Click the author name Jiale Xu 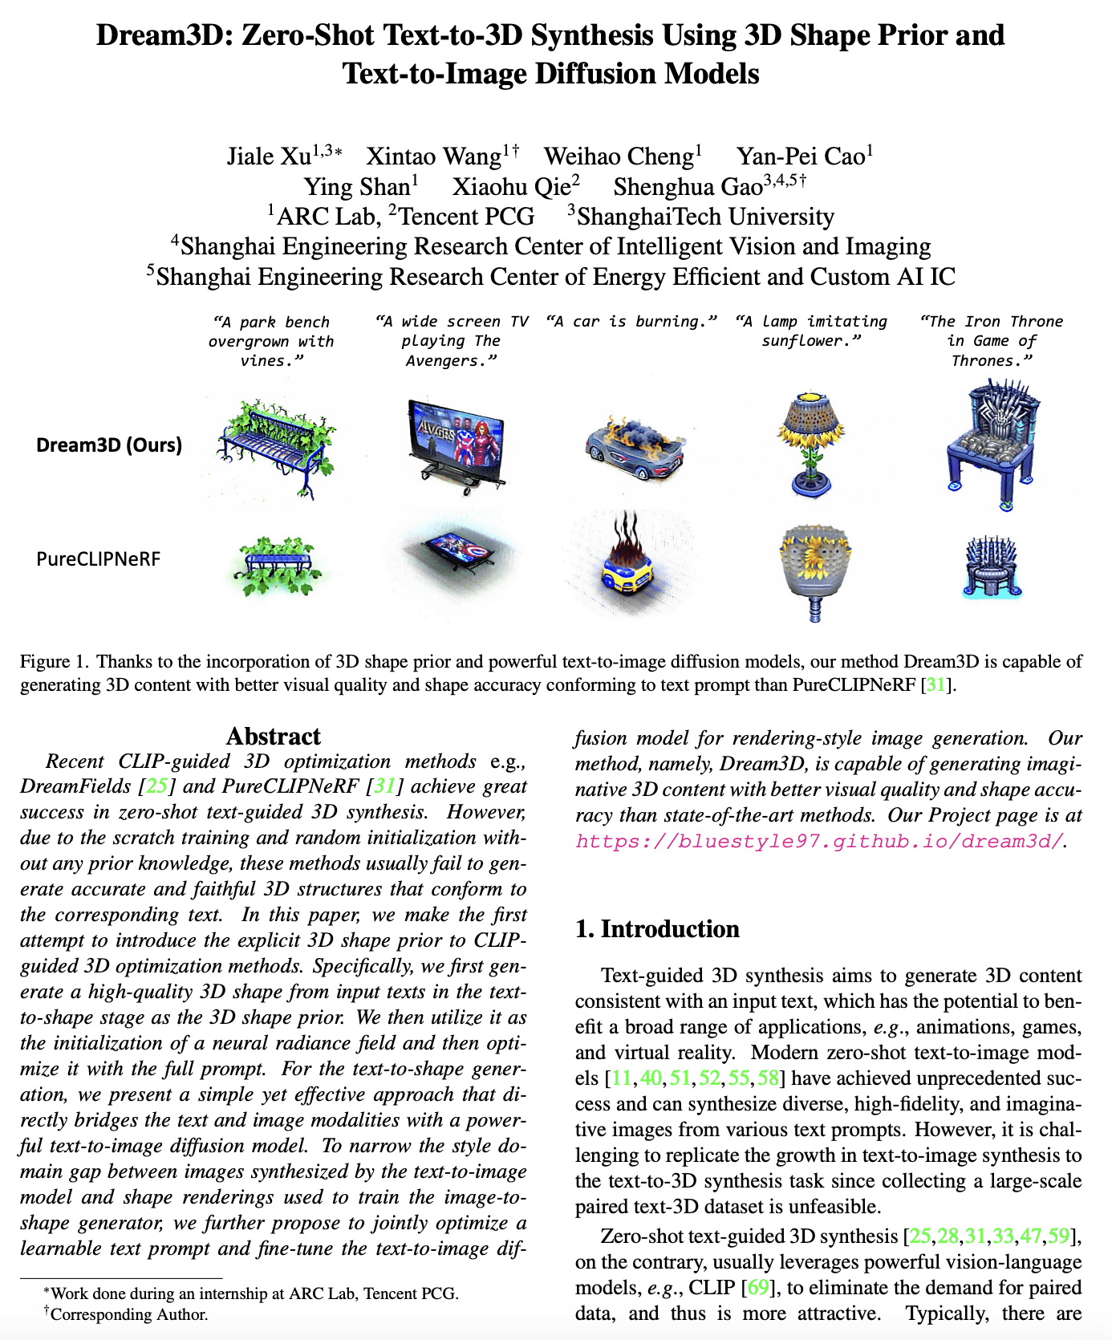(268, 156)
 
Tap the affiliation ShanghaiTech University (705, 217)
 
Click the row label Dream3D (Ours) (109, 445)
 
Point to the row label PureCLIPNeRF (99, 558)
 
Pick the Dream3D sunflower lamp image (810, 441)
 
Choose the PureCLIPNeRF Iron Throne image (992, 566)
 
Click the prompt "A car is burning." (631, 322)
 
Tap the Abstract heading (273, 736)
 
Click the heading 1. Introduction (657, 928)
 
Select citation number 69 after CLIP (757, 1287)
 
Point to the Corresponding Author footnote (128, 1314)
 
